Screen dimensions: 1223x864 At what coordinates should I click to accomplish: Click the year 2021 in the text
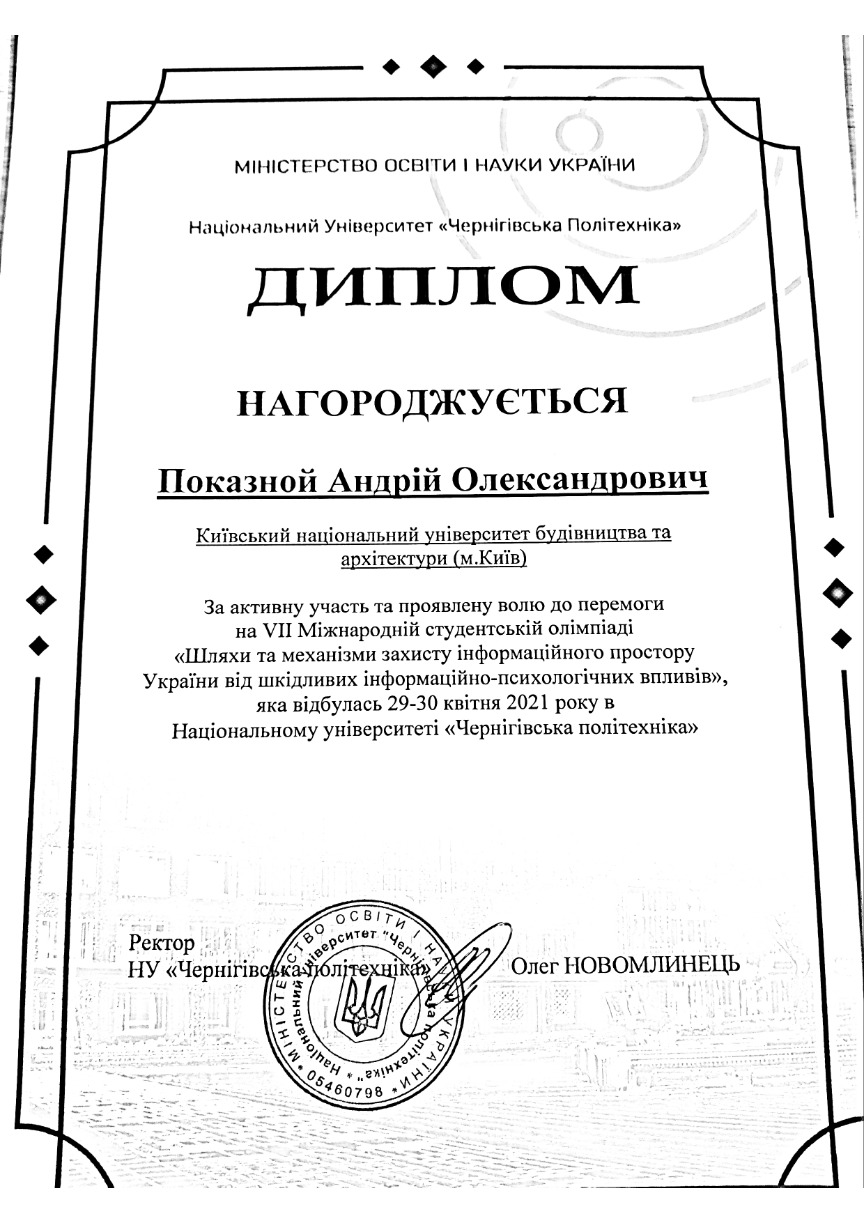pyautogui.click(x=528, y=703)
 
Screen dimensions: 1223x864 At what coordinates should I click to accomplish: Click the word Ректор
pyautogui.click(x=162, y=944)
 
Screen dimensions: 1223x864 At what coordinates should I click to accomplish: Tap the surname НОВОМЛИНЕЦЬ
pyautogui.click(x=651, y=966)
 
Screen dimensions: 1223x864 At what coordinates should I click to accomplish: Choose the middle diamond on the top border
pyautogui.click(x=433, y=67)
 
